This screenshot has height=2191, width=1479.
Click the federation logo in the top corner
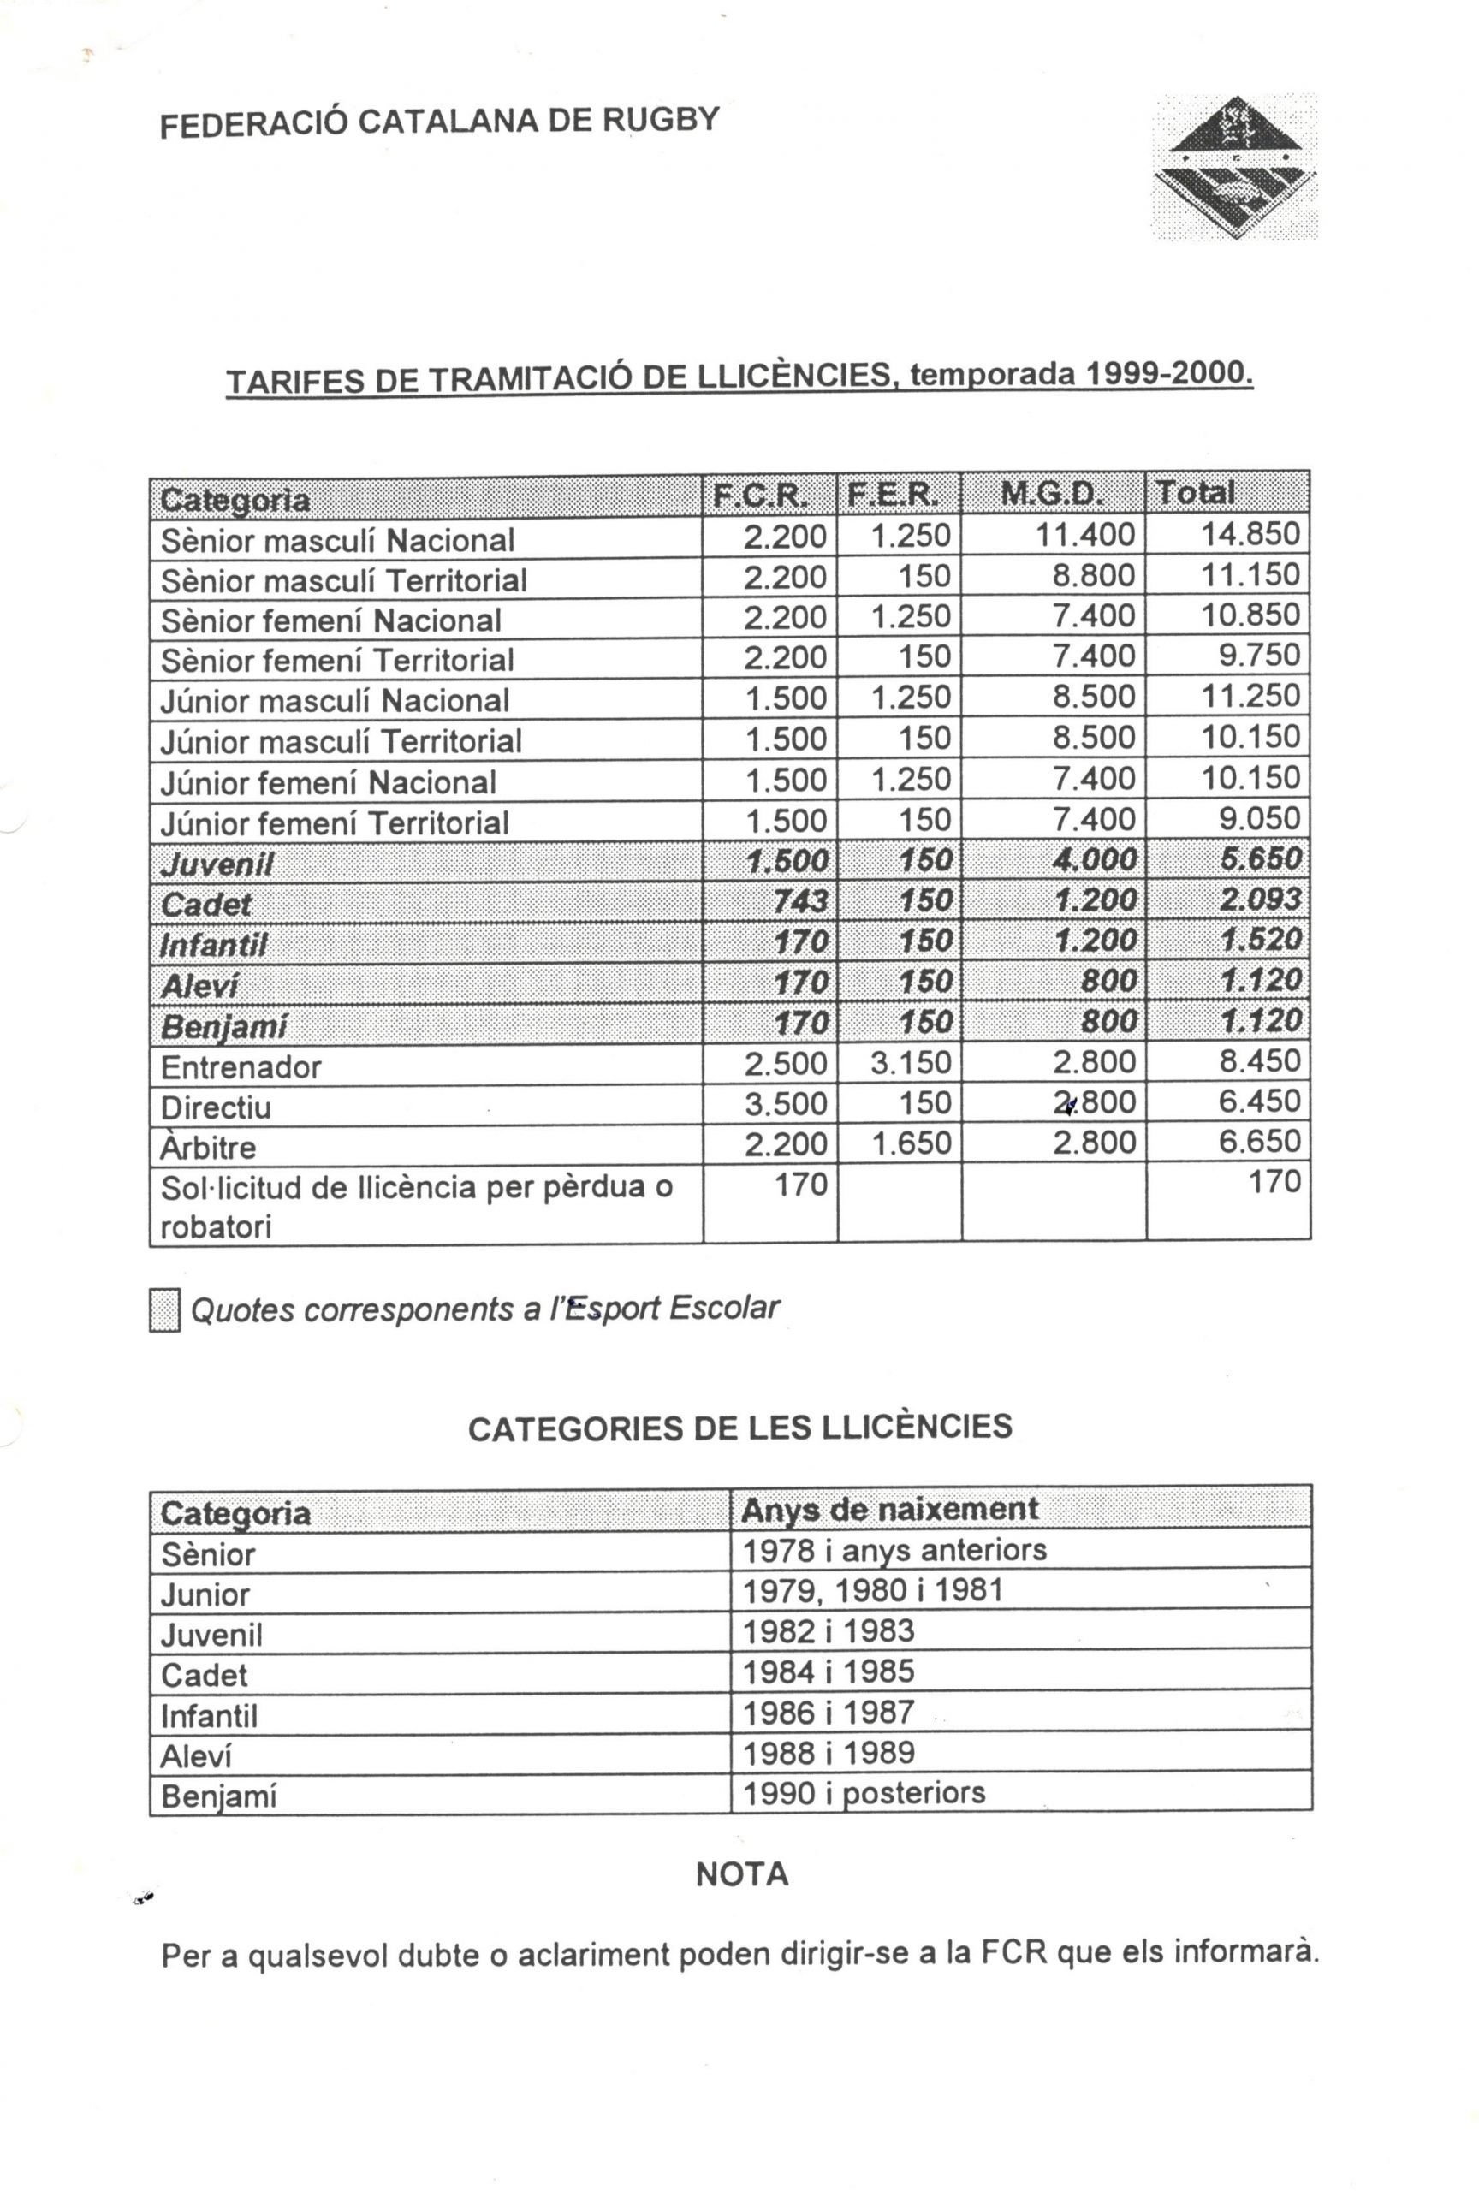click(x=1235, y=167)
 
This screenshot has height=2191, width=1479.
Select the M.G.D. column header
click(x=1051, y=493)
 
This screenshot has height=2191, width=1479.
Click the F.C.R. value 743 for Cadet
click(x=800, y=901)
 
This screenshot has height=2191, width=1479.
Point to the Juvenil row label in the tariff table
click(x=217, y=864)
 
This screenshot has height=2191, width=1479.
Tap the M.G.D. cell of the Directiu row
click(x=1094, y=1102)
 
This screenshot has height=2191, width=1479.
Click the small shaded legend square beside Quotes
click(x=164, y=1310)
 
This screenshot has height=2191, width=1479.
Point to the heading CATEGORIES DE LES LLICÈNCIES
click(x=740, y=1428)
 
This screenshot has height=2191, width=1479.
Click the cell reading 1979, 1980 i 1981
click(x=873, y=1590)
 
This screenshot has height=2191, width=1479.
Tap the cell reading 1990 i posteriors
click(x=864, y=1792)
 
